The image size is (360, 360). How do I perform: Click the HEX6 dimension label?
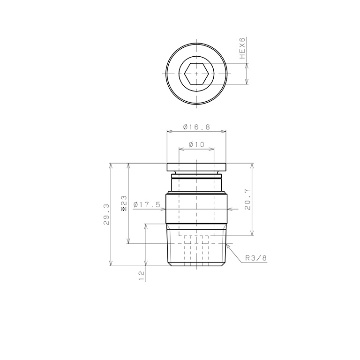click(x=242, y=48)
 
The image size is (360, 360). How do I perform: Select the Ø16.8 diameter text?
click(x=197, y=127)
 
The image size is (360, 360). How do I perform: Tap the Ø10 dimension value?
click(x=196, y=144)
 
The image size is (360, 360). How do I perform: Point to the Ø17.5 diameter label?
click(x=147, y=204)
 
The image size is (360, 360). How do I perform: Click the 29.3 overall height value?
click(x=106, y=214)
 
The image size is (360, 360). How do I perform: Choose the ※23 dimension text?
click(x=124, y=203)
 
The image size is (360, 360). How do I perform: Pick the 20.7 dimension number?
click(x=247, y=200)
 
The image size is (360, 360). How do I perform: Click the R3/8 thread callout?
click(x=256, y=258)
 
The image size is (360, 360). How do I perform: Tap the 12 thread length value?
click(x=142, y=275)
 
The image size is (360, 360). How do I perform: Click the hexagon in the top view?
click(x=196, y=74)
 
